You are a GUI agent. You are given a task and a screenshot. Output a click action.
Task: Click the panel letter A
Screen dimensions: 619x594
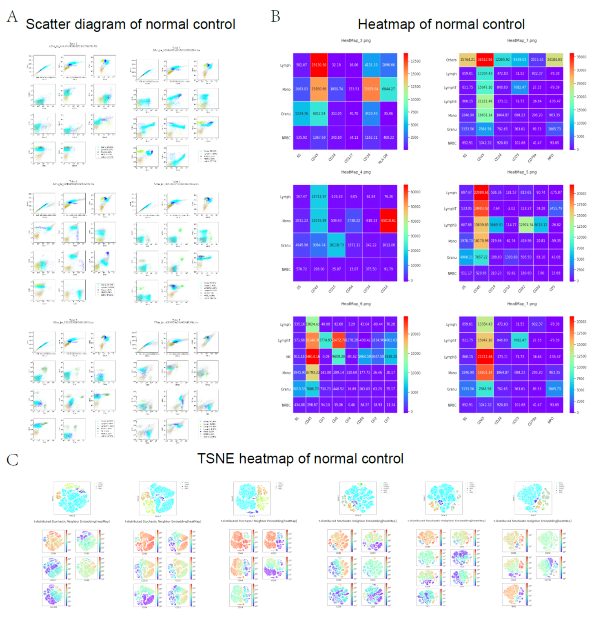(x=12, y=17)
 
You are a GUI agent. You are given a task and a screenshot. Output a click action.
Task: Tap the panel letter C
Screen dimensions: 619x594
(x=12, y=460)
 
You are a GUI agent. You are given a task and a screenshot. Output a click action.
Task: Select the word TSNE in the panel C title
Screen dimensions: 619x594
(x=215, y=459)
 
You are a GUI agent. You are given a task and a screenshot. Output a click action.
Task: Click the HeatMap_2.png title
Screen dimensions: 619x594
(x=356, y=41)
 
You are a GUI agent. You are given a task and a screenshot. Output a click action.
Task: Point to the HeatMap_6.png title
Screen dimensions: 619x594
(x=356, y=304)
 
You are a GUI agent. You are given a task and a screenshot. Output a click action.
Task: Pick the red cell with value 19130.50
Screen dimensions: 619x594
(x=319, y=65)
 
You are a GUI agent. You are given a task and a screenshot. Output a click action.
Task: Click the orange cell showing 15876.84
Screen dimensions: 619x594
(x=371, y=89)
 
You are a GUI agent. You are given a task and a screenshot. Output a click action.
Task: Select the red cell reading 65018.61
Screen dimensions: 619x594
(x=388, y=221)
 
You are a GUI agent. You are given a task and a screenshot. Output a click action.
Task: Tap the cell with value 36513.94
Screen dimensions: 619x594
(x=485, y=60)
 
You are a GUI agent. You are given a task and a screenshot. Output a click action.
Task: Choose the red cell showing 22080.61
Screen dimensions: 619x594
(x=481, y=193)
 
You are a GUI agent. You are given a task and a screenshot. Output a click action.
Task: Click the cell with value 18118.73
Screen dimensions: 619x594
(x=336, y=245)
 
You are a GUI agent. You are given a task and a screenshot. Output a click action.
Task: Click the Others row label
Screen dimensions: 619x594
(x=451, y=60)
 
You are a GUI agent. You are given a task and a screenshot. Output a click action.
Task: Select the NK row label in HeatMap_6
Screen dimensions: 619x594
(x=288, y=357)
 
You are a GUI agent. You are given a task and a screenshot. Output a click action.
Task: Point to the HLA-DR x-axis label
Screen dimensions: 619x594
(x=382, y=159)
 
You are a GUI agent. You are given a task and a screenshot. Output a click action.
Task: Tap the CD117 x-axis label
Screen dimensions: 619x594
(x=348, y=158)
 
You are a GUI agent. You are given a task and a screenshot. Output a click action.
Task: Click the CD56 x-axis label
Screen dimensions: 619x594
(x=360, y=421)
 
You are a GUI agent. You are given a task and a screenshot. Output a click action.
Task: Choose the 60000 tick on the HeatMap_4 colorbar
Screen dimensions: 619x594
(x=415, y=192)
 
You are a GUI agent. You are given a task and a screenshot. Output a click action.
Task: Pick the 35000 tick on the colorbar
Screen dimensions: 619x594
(x=581, y=57)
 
